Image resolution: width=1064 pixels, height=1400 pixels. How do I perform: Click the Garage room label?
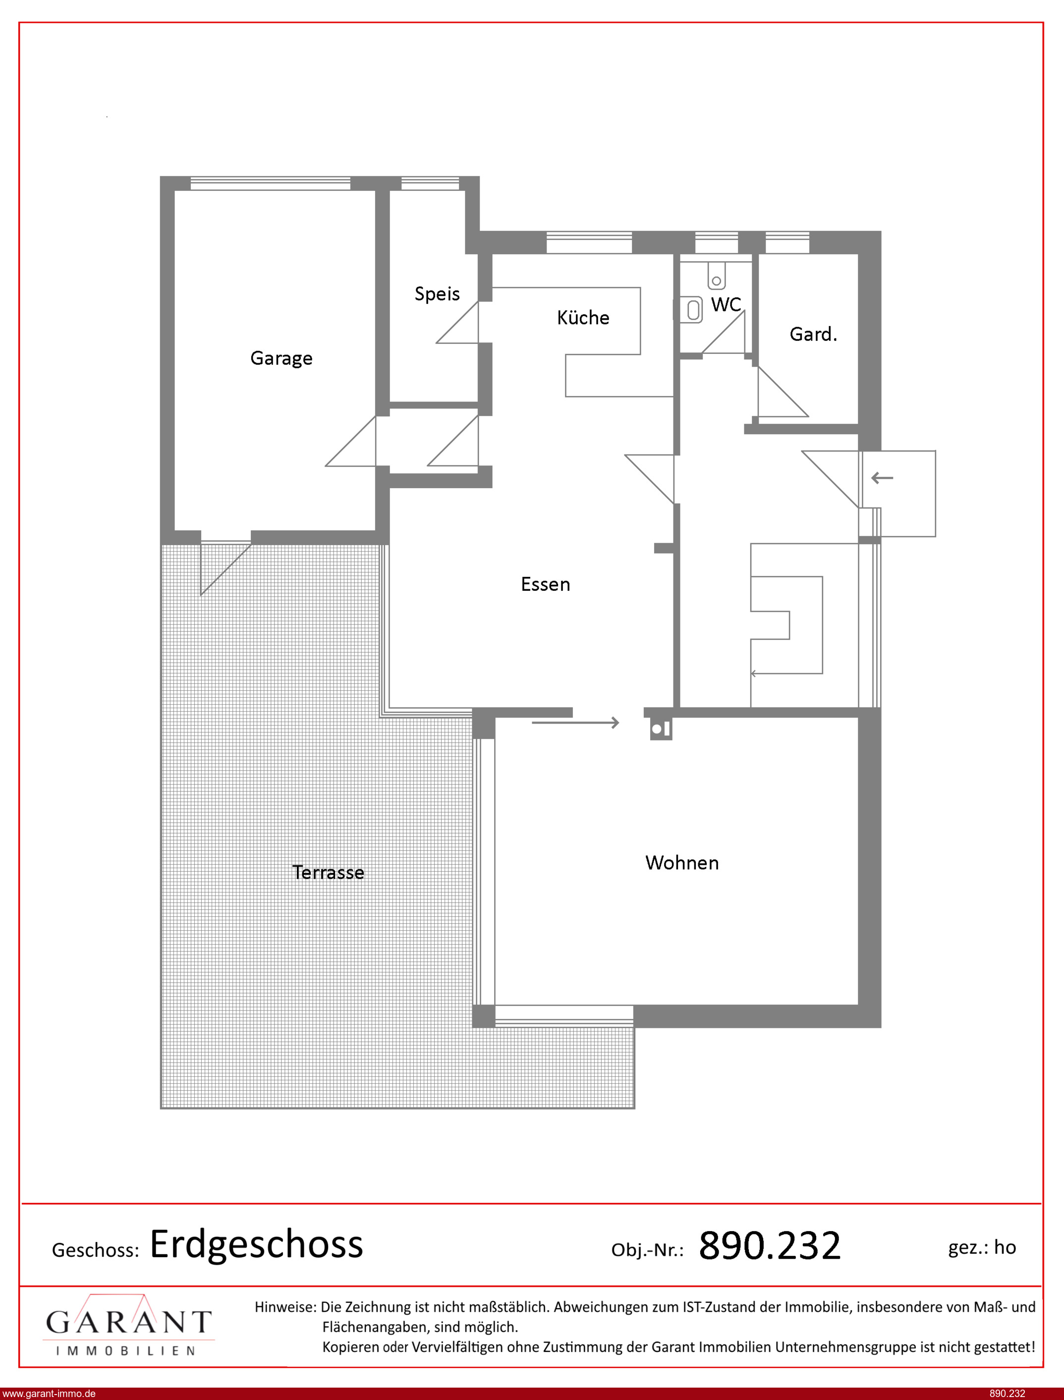(281, 358)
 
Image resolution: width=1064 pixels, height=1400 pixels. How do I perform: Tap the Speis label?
(437, 294)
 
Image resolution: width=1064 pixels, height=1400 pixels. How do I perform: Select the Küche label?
(583, 317)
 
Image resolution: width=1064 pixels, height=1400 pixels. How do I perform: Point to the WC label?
(726, 305)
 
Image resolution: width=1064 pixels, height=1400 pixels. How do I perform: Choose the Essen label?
(545, 584)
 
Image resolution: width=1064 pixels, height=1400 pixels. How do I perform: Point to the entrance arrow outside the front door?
(882, 478)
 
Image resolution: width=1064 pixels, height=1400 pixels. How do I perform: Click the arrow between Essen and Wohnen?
(575, 723)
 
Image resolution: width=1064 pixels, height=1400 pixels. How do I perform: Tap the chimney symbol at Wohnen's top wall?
(661, 729)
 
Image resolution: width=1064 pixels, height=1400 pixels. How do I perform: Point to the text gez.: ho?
(982, 1247)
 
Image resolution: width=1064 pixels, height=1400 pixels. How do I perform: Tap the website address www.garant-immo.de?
(50, 1393)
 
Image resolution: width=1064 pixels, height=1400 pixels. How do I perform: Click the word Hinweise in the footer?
(285, 1306)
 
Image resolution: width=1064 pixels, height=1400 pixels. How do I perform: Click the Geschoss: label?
(95, 1250)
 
